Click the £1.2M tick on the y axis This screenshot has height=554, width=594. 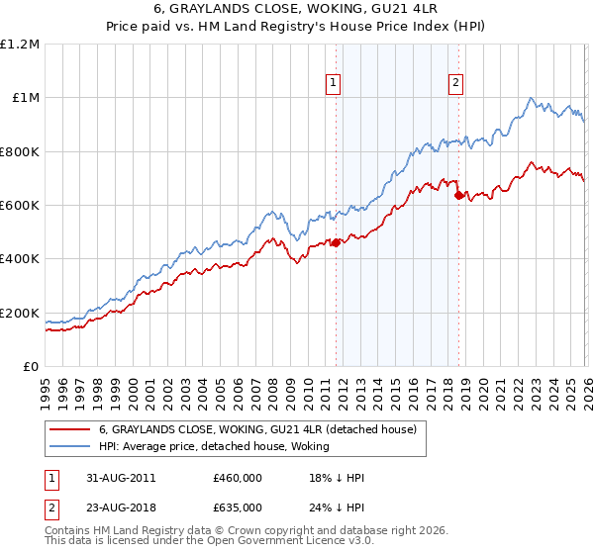point(20,45)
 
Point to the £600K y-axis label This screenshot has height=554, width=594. point(20,206)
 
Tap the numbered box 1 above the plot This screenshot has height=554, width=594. point(335,84)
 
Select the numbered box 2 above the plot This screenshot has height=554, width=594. point(456,84)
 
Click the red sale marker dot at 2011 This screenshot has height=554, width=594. point(336,242)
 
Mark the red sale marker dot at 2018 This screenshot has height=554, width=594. point(458,196)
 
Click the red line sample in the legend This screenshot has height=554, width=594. point(70,429)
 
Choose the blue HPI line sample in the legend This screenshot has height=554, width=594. point(70,446)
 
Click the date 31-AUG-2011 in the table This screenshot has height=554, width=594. point(118,478)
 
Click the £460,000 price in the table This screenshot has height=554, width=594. point(238,478)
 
